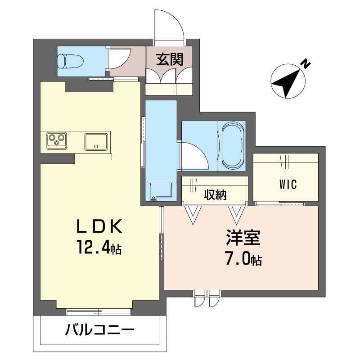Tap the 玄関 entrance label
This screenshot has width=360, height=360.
170,59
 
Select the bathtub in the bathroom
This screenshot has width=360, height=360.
231,146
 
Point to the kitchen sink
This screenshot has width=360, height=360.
96,142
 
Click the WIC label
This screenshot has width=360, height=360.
288,184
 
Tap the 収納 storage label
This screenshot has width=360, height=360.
216,195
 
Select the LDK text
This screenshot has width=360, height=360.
99,226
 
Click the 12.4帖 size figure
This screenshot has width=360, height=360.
99,247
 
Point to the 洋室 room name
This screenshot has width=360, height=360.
243,238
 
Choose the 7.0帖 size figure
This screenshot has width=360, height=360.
243,260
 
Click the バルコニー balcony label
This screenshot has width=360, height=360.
99,330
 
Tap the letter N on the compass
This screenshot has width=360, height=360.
306,63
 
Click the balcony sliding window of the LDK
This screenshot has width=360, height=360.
99,311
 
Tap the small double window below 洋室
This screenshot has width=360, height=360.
207,298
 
